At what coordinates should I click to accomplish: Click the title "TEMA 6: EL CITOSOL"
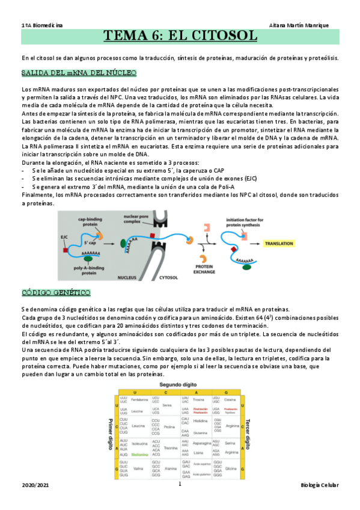181,36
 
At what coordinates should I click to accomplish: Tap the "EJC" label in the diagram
64,238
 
